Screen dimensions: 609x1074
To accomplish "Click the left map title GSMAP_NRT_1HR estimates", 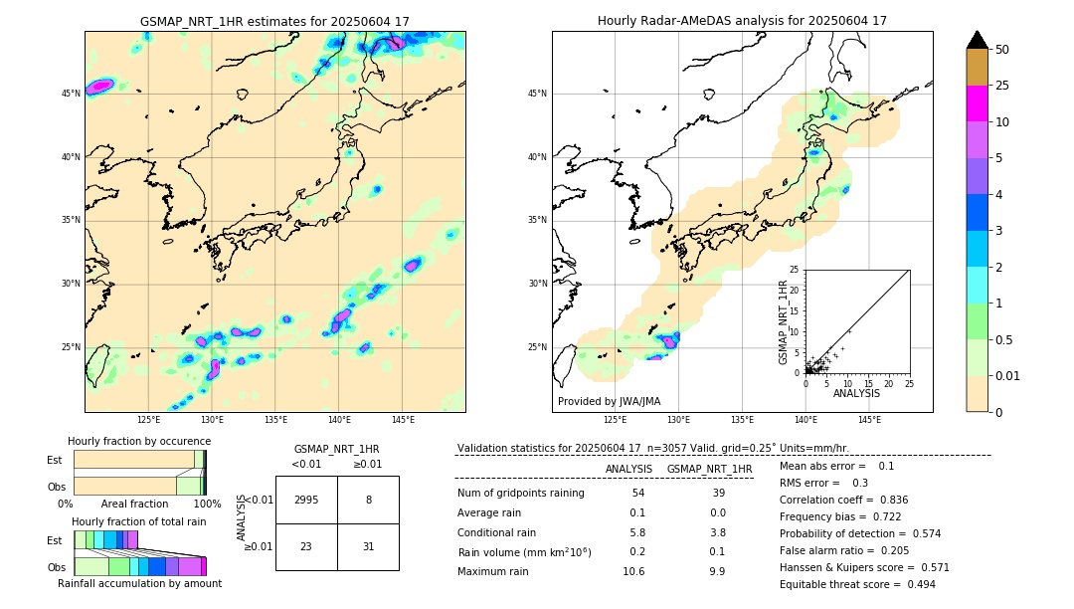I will (274, 21).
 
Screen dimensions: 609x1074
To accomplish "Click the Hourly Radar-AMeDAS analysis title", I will (742, 21).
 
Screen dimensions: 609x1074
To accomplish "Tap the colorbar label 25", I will (1002, 86).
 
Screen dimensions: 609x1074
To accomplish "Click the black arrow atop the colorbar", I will (978, 40).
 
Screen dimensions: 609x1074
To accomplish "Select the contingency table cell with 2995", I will (306, 501).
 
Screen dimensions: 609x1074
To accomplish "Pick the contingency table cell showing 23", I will (306, 545).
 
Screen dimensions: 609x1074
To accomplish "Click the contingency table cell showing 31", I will (368, 545).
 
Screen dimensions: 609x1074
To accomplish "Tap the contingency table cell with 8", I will (368, 501).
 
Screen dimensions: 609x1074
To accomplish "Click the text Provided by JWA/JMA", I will (609, 401).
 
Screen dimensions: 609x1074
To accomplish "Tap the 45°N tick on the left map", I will (70, 94).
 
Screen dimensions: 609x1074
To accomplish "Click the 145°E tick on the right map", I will (869, 420).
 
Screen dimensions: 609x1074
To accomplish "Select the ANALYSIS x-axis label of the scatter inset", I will (856, 393).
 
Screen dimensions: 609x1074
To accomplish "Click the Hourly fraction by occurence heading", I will (139, 441).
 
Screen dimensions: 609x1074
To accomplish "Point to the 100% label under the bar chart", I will (206, 505).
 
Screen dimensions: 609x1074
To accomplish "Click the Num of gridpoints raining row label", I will (520, 493).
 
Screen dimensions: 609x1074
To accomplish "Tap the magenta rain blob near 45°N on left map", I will (99, 87).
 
